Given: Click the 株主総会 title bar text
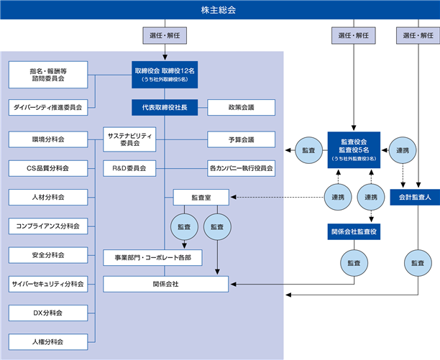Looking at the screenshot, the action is pyautogui.click(x=219, y=10).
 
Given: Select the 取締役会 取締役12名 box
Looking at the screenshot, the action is pyautogui.click(x=165, y=75).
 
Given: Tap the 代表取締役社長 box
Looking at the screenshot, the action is pyautogui.click(x=165, y=107).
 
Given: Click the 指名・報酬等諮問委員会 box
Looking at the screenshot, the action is pyautogui.click(x=48, y=75).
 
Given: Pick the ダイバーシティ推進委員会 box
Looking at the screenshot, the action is pyautogui.click(x=48, y=107).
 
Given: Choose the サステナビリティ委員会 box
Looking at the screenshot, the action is pyautogui.click(x=129, y=139).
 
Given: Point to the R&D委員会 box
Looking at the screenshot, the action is pyautogui.click(x=129, y=168).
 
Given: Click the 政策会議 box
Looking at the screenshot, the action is pyautogui.click(x=242, y=107).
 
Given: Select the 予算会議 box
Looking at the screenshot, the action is pyautogui.click(x=242, y=139).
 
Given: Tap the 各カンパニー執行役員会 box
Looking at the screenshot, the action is pyautogui.click(x=242, y=168).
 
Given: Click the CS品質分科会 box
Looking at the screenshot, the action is pyautogui.click(x=48, y=168).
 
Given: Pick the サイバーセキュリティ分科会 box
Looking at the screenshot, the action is pyautogui.click(x=48, y=284).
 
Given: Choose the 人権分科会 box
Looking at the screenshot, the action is pyautogui.click(x=48, y=342).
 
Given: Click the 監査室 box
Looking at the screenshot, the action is pyautogui.click(x=201, y=198).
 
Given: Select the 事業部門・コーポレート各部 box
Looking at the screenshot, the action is pyautogui.click(x=152, y=258).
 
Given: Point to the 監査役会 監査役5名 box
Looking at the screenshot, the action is pyautogui.click(x=354, y=150).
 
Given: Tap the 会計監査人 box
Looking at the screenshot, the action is pyautogui.click(x=415, y=198).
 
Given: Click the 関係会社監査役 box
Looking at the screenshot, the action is pyautogui.click(x=354, y=231).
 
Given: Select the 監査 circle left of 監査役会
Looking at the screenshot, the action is pyautogui.click(x=308, y=150).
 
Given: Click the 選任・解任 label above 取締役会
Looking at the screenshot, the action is pyautogui.click(x=165, y=35).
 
